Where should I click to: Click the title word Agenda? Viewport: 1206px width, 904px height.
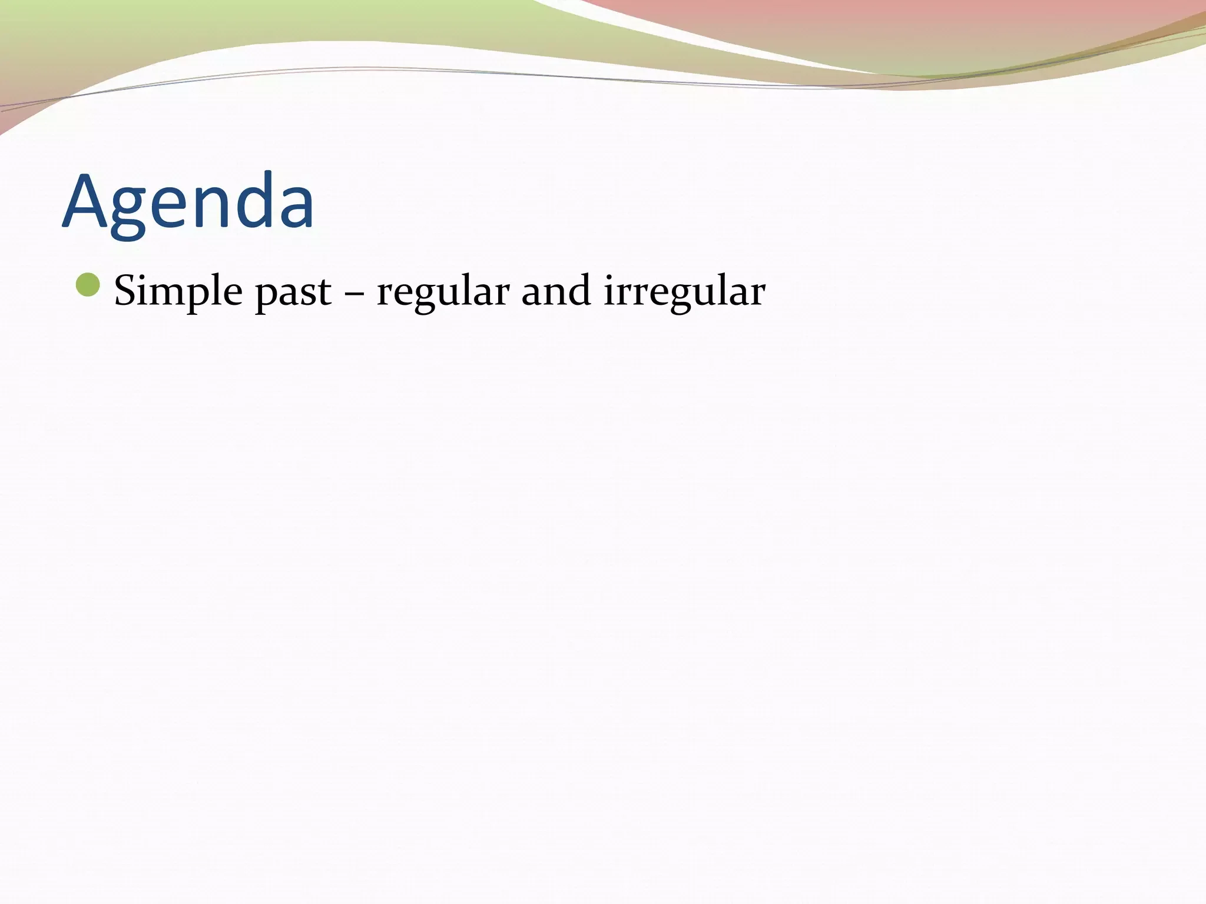188,201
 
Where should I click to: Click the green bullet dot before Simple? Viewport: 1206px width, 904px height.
88,285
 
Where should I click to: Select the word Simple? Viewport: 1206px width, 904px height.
178,291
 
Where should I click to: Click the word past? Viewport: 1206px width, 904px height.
293,293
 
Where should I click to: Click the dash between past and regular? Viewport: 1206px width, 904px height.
354,293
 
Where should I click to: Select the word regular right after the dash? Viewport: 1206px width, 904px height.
443,293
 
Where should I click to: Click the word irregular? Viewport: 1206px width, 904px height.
684,291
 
